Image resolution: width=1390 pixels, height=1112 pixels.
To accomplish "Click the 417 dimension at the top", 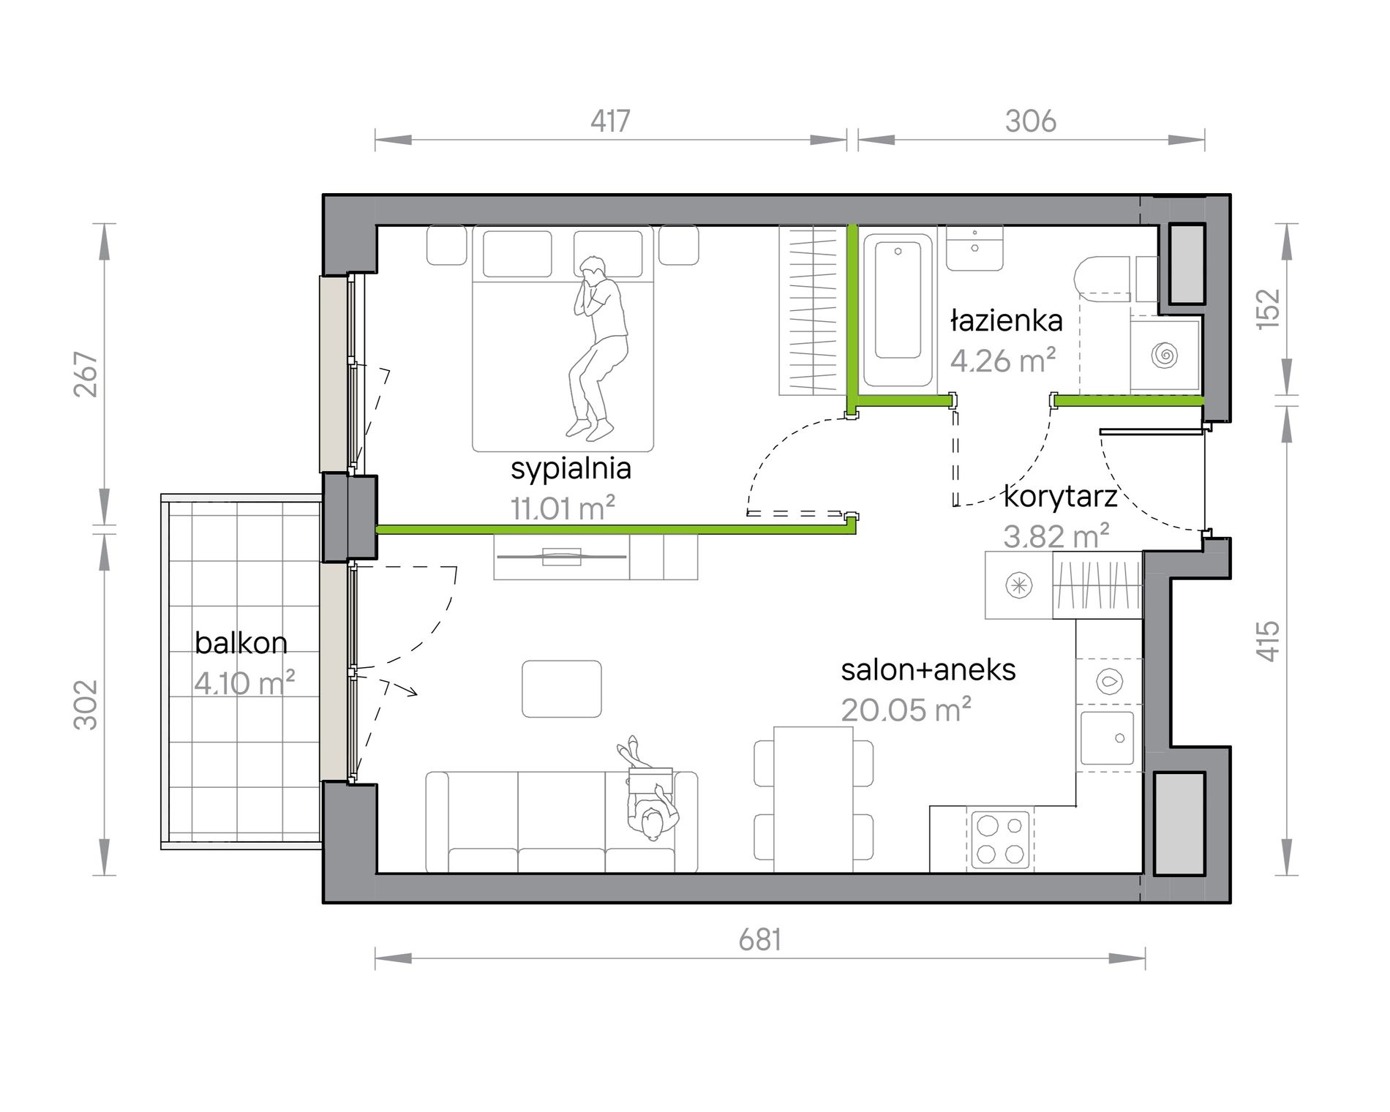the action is click(610, 121).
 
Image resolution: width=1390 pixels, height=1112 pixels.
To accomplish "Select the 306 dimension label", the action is click(1030, 121).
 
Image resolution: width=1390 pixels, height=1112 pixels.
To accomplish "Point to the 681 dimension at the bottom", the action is click(759, 939).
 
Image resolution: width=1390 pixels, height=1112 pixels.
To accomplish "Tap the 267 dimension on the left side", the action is click(86, 374).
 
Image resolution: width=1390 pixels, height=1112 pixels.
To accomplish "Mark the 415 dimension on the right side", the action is click(1268, 641).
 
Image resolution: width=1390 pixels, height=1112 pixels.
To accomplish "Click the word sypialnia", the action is click(571, 468).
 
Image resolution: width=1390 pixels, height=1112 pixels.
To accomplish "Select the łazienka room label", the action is click(1007, 320).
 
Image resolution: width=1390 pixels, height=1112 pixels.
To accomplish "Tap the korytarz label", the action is click(1060, 496).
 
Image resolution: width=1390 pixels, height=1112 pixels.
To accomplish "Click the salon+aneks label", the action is click(928, 669).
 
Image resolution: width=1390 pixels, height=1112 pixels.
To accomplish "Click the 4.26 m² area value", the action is click(1002, 360).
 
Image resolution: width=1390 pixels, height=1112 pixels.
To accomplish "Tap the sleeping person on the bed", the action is click(597, 348).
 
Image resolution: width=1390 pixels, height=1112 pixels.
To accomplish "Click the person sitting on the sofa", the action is click(647, 790).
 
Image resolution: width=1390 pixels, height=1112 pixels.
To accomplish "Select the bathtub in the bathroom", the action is click(898, 310).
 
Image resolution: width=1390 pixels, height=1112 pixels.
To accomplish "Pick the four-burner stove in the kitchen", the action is click(999, 839).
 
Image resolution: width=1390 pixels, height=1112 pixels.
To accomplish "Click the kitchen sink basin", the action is click(1107, 738).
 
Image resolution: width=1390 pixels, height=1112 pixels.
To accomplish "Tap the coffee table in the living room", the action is click(561, 688).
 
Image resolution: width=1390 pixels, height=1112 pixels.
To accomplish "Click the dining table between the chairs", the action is click(813, 799).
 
